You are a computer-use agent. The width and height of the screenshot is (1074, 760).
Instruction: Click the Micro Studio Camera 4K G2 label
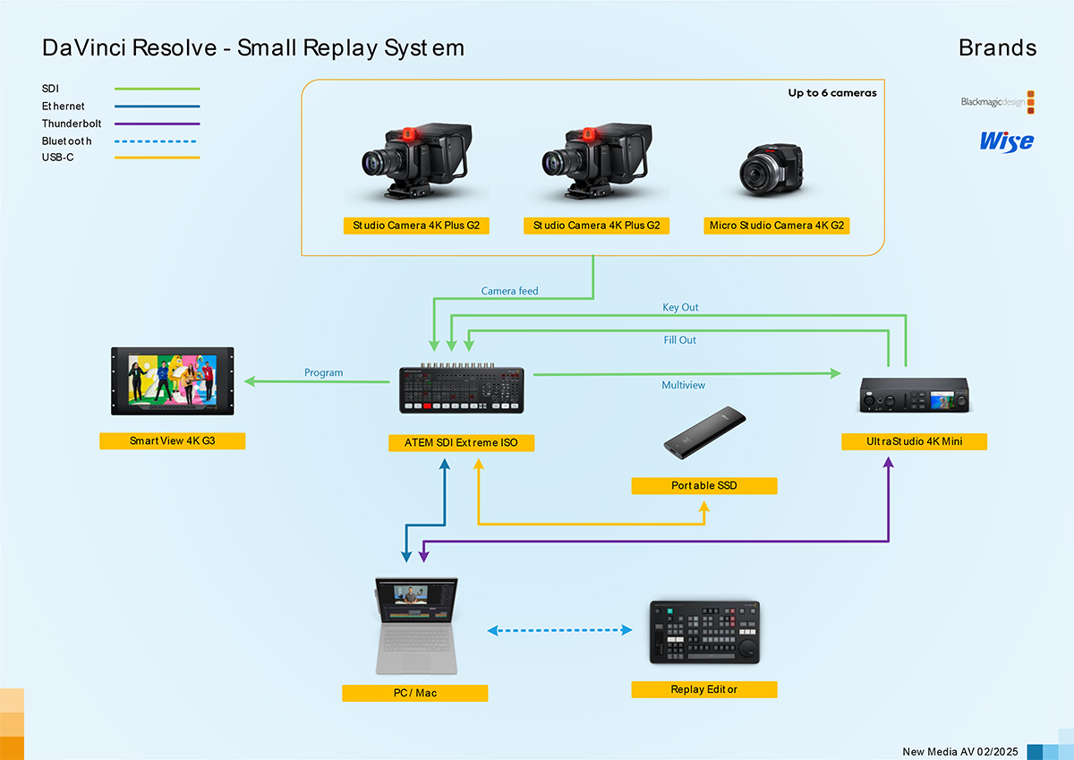[776, 226]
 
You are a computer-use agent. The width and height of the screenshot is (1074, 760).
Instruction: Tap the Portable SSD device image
[705, 434]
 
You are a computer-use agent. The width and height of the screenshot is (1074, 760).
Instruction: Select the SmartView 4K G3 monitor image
[173, 380]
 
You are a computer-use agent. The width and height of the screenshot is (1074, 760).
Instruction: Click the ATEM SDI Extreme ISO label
[461, 442]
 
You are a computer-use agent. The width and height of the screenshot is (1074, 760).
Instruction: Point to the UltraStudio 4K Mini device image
[914, 395]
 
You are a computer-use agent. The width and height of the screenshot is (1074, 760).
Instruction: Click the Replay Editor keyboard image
[704, 632]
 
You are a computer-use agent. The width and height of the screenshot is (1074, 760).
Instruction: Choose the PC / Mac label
[414, 693]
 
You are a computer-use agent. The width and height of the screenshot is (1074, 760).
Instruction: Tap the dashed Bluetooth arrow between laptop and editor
[559, 630]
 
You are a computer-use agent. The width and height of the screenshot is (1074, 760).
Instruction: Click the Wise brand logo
[1006, 141]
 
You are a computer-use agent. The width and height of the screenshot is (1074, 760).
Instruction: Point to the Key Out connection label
[680, 307]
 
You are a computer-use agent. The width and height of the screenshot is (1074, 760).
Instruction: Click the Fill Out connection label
[680, 340]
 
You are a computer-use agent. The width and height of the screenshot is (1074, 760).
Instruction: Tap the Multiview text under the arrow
[684, 385]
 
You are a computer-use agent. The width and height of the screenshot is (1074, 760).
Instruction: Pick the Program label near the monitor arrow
[323, 372]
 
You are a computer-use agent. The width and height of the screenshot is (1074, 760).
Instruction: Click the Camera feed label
[509, 291]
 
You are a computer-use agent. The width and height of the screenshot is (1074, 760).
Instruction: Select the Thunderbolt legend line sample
[157, 124]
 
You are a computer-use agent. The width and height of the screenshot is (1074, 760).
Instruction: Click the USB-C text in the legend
[57, 158]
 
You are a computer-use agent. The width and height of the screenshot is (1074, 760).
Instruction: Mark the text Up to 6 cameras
[831, 93]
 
